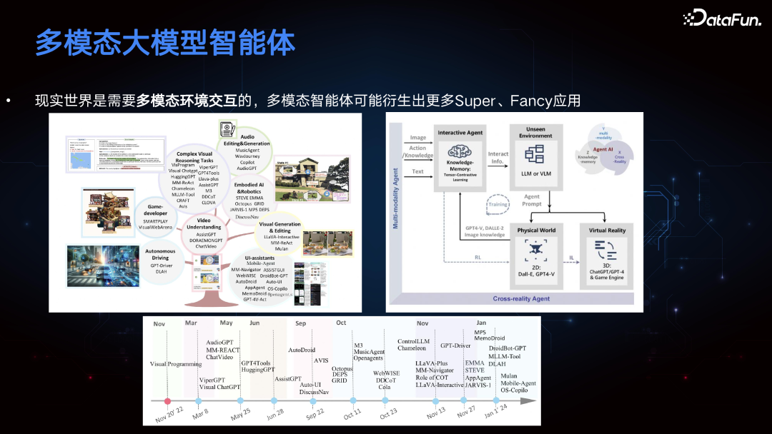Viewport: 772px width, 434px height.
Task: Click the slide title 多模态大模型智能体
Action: coord(165,43)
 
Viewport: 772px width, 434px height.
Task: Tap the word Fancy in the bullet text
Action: coord(526,101)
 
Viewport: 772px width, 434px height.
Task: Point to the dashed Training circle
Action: coord(498,204)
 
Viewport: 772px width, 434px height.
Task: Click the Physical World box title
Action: coord(535,230)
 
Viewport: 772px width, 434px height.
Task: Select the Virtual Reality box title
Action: coord(607,230)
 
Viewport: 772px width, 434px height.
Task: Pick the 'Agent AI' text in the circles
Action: coord(603,149)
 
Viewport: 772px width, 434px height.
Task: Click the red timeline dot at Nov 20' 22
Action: coord(168,401)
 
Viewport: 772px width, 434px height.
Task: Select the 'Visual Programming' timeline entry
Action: coord(176,364)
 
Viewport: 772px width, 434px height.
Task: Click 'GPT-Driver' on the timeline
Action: coord(455,345)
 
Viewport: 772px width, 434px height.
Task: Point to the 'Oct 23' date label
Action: coord(388,414)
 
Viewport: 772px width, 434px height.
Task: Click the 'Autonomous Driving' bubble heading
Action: coord(160,254)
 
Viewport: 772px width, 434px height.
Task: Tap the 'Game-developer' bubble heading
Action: coord(155,209)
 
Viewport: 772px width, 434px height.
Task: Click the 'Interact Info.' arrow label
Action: coord(498,158)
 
